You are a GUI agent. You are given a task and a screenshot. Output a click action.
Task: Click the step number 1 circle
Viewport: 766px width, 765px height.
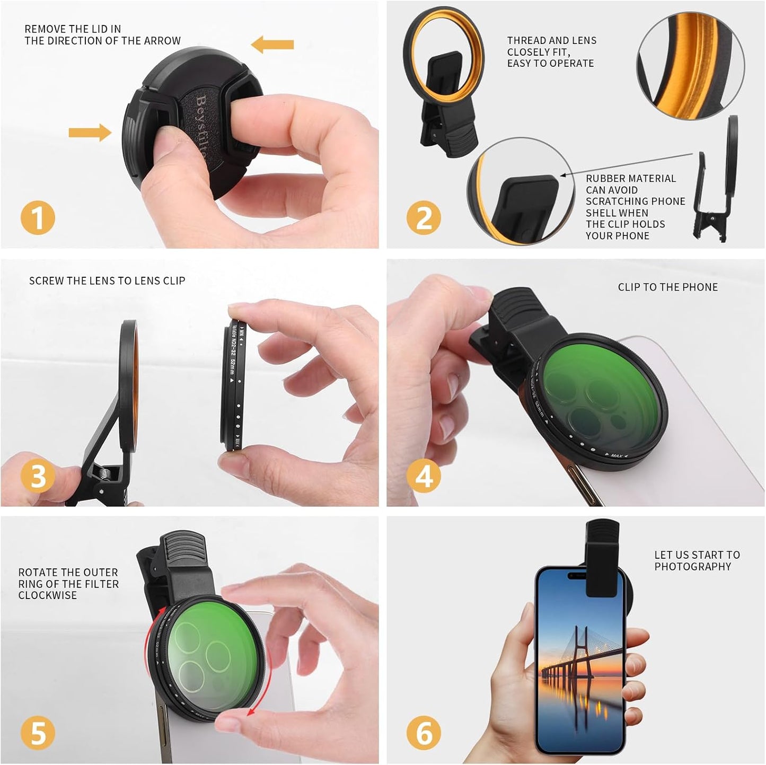tap(38, 218)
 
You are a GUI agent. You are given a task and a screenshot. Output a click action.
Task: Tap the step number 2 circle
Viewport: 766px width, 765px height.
tap(424, 218)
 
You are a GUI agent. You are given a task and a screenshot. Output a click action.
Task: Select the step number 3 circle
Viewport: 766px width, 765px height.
tap(38, 476)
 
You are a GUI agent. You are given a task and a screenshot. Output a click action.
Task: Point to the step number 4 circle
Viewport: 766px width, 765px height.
tap(424, 476)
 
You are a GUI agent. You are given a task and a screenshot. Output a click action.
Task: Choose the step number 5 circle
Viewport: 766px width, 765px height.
tap(38, 733)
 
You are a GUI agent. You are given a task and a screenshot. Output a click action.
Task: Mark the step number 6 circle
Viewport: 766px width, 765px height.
tap(424, 733)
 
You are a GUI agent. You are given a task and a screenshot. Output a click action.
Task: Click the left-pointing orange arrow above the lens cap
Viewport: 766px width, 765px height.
tap(272, 45)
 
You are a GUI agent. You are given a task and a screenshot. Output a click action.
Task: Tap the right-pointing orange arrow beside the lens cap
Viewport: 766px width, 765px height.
tap(90, 133)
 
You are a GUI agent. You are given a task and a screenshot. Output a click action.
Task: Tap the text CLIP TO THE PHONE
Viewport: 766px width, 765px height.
tap(667, 287)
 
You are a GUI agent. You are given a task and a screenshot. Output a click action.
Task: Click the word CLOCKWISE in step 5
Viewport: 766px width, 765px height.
tap(48, 595)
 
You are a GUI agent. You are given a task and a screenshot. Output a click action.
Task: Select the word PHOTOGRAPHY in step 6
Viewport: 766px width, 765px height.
tap(692, 567)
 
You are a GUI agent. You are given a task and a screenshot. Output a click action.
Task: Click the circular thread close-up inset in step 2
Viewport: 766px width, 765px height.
tap(690, 64)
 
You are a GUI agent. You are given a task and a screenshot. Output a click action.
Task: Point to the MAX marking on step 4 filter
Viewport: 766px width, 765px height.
tap(616, 455)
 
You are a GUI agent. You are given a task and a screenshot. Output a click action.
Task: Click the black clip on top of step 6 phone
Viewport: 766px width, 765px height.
tap(602, 557)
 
